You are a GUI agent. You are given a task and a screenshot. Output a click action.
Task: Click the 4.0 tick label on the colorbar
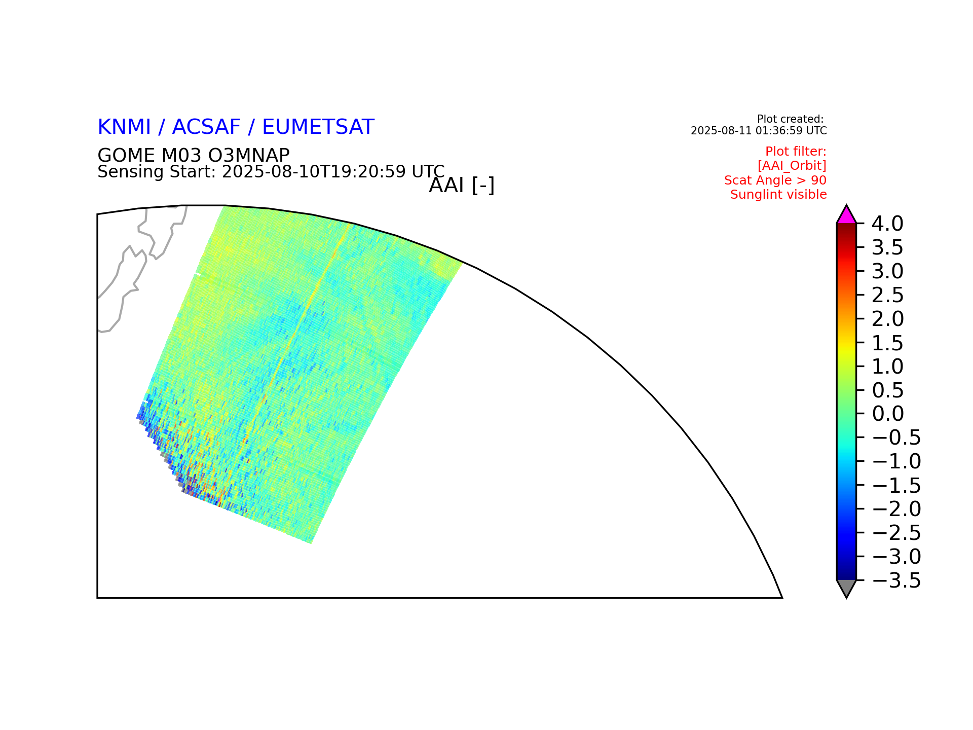coord(887,223)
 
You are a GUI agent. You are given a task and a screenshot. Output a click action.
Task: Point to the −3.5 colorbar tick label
coord(896,580)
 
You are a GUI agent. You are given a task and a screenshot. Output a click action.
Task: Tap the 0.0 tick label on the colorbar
coord(887,414)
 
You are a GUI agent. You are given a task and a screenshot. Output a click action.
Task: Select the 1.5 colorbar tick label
coord(887,343)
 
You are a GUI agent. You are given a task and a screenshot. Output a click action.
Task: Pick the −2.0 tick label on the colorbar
coord(896,509)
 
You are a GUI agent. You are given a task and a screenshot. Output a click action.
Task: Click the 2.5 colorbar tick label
coord(887,295)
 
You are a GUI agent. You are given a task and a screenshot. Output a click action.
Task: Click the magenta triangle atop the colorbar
coord(846,216)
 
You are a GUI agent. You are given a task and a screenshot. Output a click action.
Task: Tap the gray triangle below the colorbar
coord(846,588)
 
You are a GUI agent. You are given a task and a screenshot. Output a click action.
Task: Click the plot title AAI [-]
coord(462,186)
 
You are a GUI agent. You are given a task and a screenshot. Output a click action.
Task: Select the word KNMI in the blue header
coord(124,127)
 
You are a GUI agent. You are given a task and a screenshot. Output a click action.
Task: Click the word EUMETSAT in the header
coord(318,127)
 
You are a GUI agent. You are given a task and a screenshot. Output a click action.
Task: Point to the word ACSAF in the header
coord(207,127)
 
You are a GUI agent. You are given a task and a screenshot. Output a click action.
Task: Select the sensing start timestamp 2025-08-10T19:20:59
coord(314,172)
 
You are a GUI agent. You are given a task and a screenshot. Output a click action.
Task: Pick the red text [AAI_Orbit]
coord(792,166)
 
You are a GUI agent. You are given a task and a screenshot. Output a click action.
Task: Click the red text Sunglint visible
coord(778,195)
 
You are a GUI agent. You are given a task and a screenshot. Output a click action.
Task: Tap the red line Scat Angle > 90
coord(775,180)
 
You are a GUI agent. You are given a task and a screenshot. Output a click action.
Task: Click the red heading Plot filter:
coord(796,152)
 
